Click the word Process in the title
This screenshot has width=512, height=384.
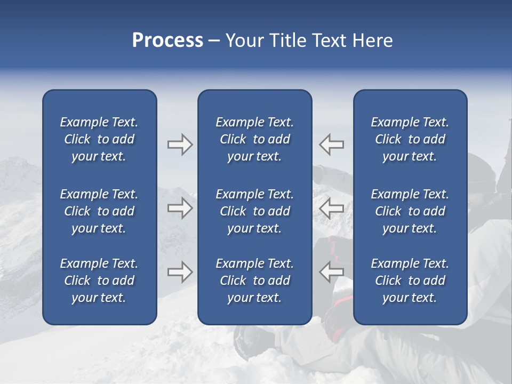(167, 41)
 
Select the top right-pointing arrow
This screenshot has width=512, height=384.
(180, 145)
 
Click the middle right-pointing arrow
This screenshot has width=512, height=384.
(180, 208)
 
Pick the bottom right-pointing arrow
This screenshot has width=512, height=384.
(180, 272)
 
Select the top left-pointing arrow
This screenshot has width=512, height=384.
(331, 145)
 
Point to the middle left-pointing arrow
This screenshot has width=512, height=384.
(331, 208)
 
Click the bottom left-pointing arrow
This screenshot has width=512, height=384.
(331, 272)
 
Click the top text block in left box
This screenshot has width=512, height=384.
(99, 139)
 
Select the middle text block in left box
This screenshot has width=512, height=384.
(99, 211)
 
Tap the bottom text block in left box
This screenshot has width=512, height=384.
(99, 281)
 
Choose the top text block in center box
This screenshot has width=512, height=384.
(254, 139)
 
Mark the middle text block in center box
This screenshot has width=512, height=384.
(254, 211)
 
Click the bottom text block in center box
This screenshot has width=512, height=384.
(254, 281)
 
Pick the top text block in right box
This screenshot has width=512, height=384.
(410, 139)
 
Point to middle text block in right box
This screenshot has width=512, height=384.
(410, 211)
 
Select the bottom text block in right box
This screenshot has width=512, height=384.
(410, 281)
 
